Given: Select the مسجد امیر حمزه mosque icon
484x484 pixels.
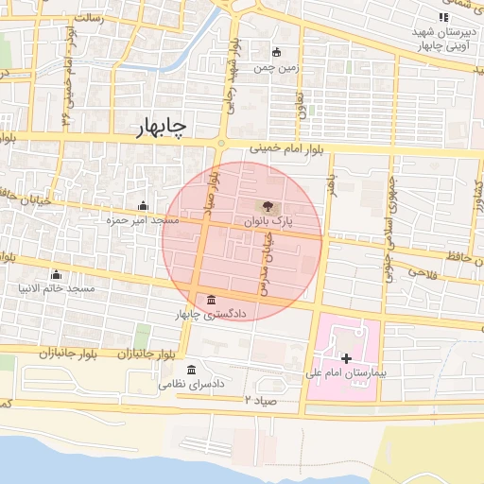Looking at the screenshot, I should tap(143, 206).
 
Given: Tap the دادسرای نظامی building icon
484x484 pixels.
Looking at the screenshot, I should tap(192, 370).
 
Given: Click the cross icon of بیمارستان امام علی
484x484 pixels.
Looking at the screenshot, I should tap(346, 358).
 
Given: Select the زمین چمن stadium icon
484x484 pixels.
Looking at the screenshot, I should tap(276, 53).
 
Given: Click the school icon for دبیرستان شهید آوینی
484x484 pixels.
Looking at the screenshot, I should tap(443, 17).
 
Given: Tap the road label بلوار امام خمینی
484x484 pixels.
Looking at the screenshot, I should tap(293, 148).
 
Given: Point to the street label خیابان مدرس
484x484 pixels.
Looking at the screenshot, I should tap(267, 265).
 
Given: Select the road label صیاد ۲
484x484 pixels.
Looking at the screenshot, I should tap(261, 400).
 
